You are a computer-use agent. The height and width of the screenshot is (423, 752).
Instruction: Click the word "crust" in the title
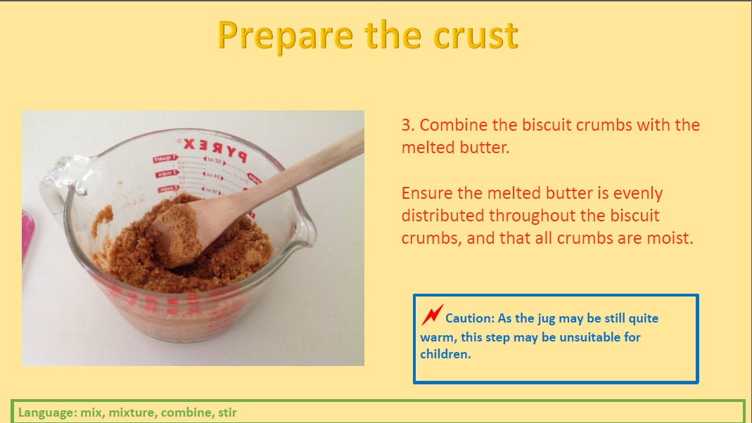point(476,35)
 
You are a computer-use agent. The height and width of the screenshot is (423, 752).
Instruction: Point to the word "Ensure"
point(427,193)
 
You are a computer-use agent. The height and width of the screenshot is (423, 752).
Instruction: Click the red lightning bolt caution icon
point(432,315)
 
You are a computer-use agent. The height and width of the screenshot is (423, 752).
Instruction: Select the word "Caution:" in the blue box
point(470,318)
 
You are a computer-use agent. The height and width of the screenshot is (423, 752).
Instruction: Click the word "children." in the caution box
point(445,354)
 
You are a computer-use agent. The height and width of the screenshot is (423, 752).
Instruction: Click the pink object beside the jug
point(27,235)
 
